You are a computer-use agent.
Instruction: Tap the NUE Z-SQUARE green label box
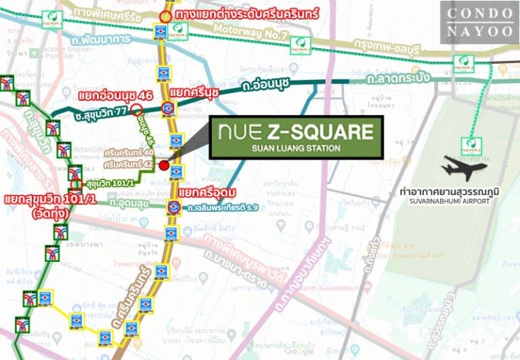tap(296, 137)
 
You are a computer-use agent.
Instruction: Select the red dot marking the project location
tap(164, 164)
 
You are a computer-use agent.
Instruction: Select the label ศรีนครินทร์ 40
tap(129, 153)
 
